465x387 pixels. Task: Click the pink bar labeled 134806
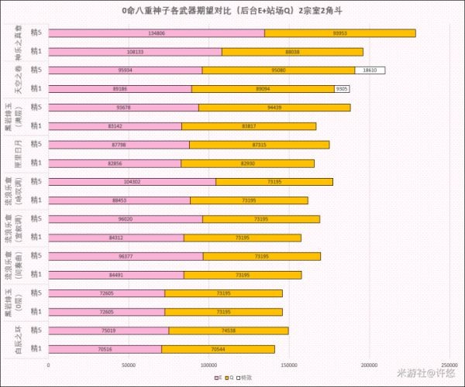tap(156, 33)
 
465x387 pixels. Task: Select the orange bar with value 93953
tap(339, 33)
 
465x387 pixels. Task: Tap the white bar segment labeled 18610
tap(370, 70)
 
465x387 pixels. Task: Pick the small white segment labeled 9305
tap(342, 89)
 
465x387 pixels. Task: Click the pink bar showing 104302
tap(132, 182)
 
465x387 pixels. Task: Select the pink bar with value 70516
tap(105, 349)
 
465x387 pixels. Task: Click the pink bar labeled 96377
tap(126, 256)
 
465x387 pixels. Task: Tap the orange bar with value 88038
tap(292, 52)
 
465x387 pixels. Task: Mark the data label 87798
tap(119, 145)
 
